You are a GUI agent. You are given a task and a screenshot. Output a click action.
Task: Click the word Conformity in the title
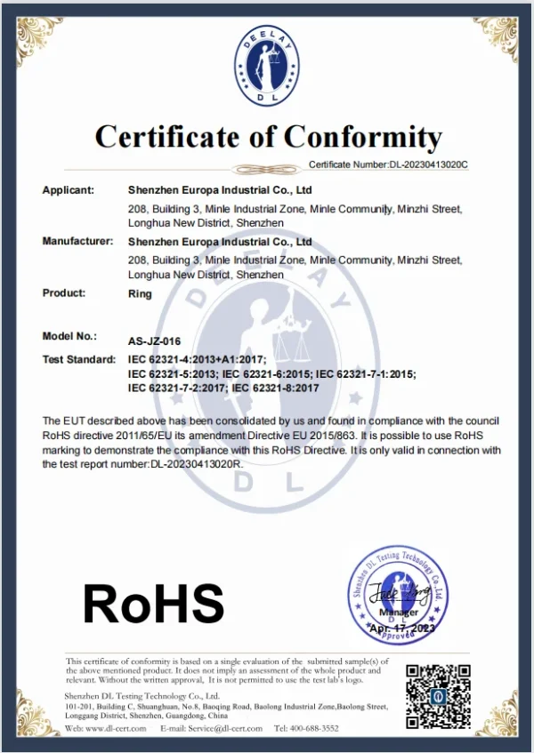coord(363,137)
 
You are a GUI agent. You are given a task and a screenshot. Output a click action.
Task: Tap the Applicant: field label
coord(69,189)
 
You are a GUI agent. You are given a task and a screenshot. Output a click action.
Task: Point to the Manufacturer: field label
coord(77,241)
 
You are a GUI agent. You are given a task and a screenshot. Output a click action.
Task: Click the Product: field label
coord(64,292)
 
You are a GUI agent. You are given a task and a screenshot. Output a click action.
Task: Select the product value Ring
coord(140,293)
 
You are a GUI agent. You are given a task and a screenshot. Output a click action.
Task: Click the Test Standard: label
coord(79,359)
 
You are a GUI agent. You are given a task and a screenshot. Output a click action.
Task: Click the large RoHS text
coord(153,603)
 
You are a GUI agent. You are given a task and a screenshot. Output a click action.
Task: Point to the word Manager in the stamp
coord(398,613)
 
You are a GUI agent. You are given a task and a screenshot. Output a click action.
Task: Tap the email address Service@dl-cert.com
coord(220,728)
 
